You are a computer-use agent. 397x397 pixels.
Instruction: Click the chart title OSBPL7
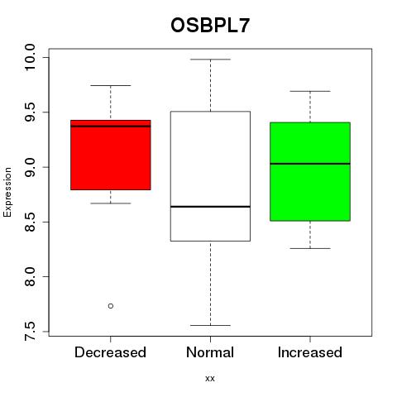(210, 26)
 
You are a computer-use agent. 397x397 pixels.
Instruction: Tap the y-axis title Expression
(7, 192)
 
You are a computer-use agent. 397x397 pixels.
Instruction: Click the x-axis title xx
(210, 379)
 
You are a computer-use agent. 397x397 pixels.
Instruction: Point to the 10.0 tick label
(30, 57)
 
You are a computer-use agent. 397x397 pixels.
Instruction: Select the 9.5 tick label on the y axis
(30, 112)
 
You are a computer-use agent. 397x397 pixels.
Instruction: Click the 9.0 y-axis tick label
(30, 167)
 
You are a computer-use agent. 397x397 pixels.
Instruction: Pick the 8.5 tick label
(30, 222)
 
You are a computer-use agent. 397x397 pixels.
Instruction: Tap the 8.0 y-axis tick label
(30, 276)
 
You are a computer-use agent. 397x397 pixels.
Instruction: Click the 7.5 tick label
(30, 331)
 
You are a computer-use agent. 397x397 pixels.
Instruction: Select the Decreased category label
(110, 352)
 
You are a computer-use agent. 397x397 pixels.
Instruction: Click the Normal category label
(210, 352)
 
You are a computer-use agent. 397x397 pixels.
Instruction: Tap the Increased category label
(310, 352)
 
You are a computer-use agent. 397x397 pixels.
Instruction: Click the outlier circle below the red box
(111, 306)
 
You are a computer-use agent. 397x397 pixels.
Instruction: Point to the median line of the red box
(111, 127)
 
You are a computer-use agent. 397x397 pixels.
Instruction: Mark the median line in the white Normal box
(210, 207)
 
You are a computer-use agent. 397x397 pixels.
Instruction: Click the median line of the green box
(310, 164)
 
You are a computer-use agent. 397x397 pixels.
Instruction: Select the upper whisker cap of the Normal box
(210, 60)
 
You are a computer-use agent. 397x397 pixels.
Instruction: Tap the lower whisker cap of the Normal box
(210, 325)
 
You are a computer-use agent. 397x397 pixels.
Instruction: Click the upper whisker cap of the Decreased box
(111, 85)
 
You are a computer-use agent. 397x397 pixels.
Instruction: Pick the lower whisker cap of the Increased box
(310, 248)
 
